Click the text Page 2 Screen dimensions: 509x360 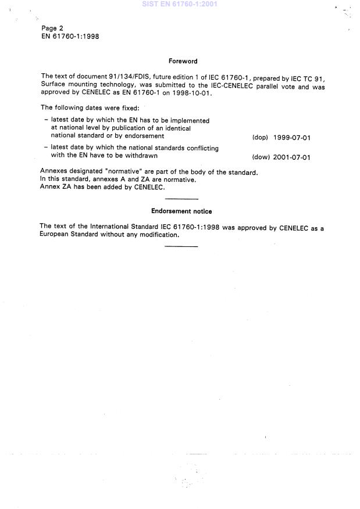coord(52,28)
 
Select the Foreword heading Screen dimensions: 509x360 coord(183,61)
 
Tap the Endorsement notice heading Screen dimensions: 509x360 coord(181,212)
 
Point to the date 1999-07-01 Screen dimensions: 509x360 coord(292,138)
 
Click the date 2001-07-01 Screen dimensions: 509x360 coord(292,157)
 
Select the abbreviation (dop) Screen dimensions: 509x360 coord(260,138)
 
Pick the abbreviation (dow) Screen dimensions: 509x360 coord(261,157)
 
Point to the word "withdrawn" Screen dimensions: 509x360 coord(140,156)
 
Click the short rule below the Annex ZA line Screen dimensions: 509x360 coord(181,199)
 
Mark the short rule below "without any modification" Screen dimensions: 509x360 coord(181,246)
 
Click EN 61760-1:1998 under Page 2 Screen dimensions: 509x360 coord(70,36)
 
